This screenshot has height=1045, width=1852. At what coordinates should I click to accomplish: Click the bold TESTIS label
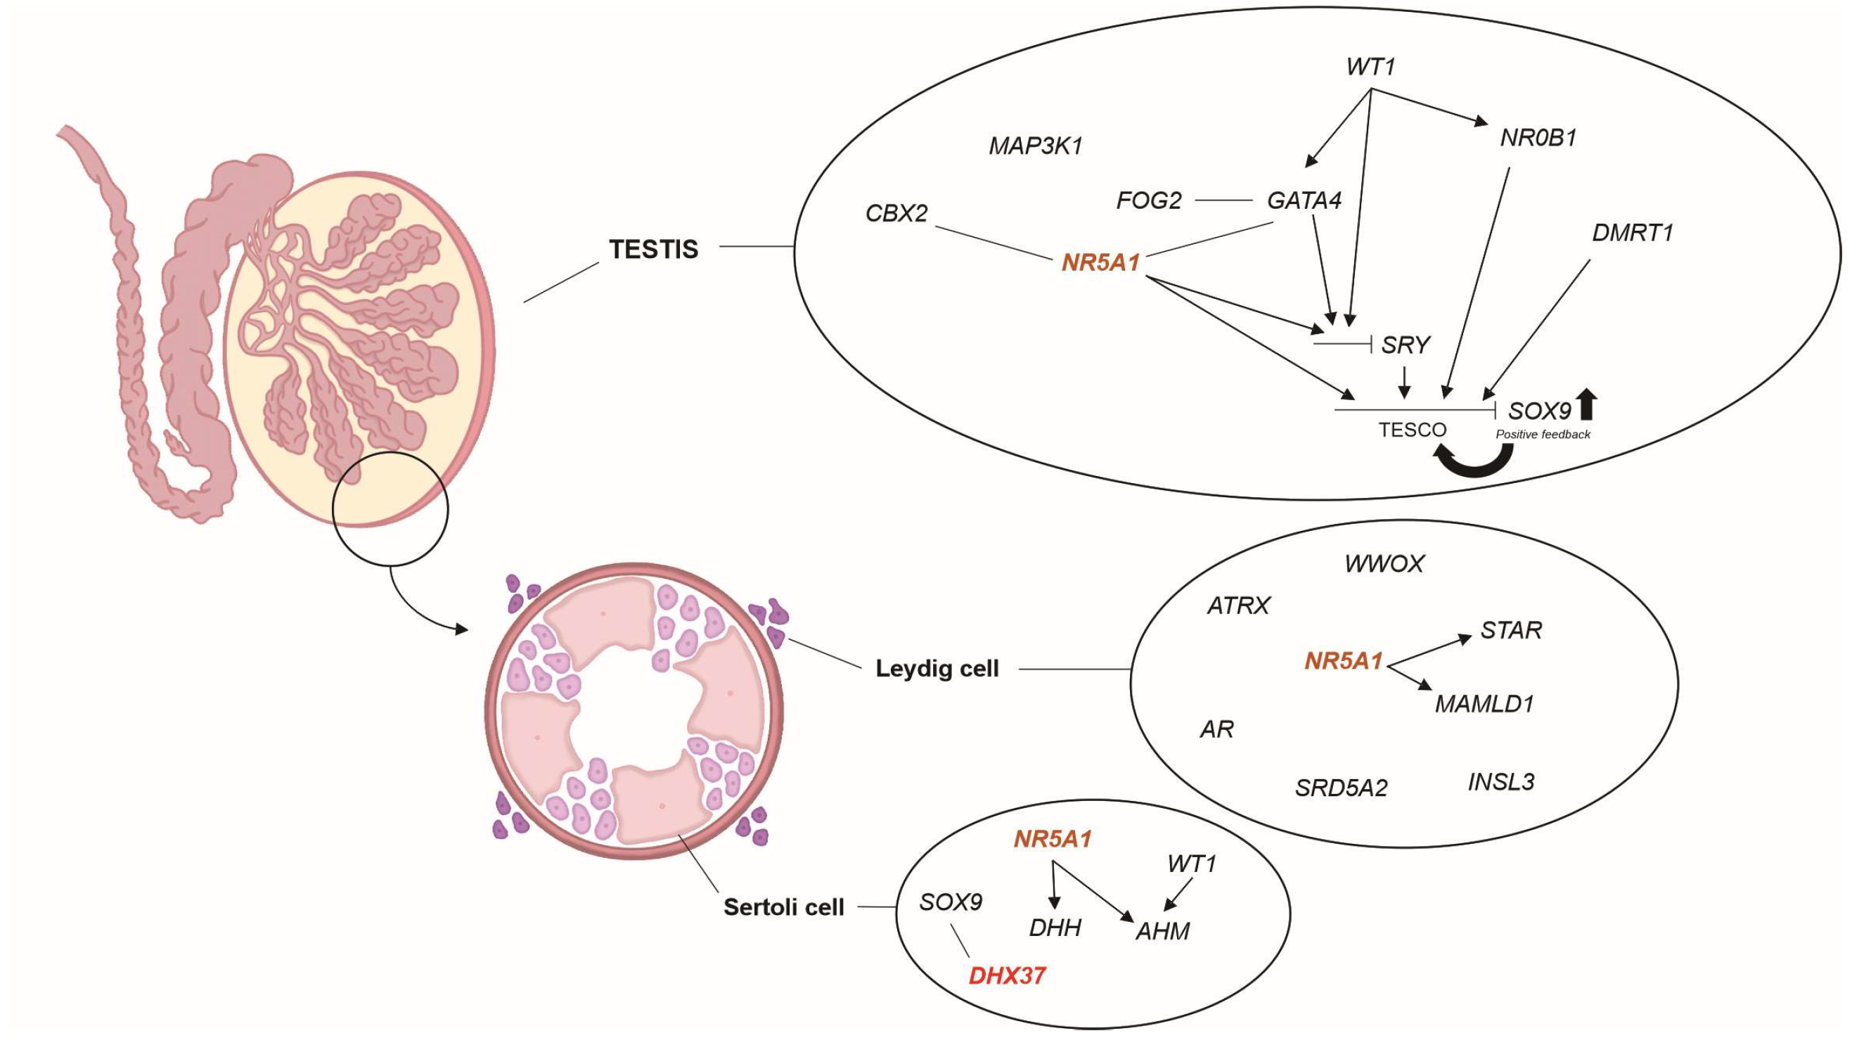[653, 249]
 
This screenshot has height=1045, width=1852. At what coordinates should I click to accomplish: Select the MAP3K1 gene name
[1035, 147]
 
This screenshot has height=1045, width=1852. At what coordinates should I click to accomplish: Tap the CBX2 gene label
[896, 213]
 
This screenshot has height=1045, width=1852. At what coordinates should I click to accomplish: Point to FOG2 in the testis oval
[1149, 200]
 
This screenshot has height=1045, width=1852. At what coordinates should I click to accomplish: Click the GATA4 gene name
[1304, 200]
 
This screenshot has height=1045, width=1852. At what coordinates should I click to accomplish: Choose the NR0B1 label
[1538, 137]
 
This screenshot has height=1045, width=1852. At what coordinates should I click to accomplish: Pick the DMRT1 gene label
[1633, 232]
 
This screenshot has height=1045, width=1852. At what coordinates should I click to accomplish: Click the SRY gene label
[1406, 345]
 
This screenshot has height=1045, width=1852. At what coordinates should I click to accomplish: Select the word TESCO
[1412, 430]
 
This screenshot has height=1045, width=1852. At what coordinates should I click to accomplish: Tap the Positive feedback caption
[1543, 435]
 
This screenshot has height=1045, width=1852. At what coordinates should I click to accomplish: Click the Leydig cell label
[937, 669]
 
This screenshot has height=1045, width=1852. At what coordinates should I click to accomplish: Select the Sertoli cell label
[784, 907]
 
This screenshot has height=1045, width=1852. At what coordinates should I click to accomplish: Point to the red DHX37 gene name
[1007, 976]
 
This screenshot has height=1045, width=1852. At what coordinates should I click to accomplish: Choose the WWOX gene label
[1384, 564]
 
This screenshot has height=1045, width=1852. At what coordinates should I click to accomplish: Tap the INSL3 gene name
[1501, 782]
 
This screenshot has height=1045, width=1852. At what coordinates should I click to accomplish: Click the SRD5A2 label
[1341, 788]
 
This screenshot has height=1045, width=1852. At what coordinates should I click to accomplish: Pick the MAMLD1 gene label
[1484, 703]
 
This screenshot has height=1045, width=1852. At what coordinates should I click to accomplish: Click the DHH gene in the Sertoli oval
[1055, 928]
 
